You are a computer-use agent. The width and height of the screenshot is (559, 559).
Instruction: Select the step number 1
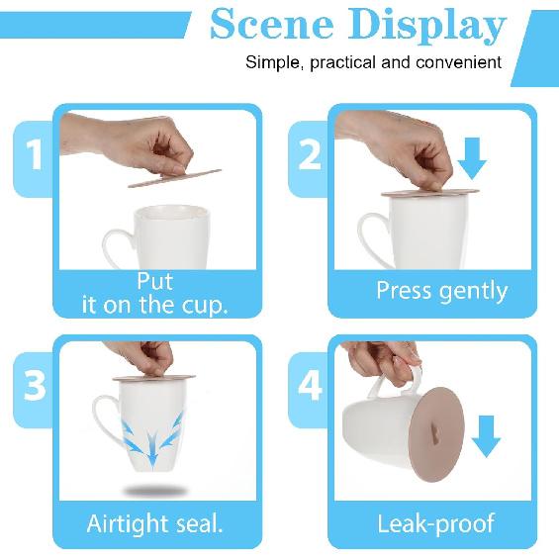click(35, 155)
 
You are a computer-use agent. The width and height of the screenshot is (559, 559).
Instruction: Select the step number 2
click(310, 155)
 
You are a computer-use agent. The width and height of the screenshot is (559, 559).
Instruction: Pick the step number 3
click(35, 386)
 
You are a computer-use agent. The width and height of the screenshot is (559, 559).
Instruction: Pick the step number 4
click(310, 386)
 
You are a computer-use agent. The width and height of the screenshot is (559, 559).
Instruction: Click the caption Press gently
click(441, 292)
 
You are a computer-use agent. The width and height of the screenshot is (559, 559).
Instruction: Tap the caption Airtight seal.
click(154, 522)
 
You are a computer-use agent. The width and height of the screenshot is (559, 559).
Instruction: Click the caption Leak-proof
click(435, 522)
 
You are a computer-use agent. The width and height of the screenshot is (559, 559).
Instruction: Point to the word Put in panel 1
click(154, 281)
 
